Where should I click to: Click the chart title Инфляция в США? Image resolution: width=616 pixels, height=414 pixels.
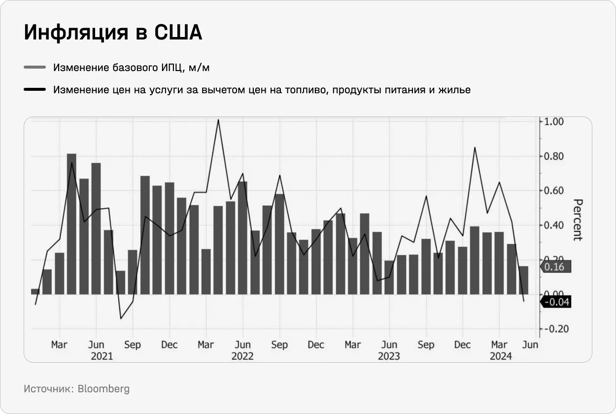(113, 33)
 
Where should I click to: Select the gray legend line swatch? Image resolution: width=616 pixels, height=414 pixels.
(34, 68)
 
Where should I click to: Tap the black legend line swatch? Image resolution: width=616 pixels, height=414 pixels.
(34, 90)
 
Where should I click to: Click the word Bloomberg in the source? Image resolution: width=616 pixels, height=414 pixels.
(103, 389)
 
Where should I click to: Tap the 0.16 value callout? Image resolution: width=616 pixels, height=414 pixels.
(556, 267)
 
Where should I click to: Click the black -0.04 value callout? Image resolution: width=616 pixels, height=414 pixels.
(556, 301)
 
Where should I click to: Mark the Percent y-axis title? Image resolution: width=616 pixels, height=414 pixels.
(578, 220)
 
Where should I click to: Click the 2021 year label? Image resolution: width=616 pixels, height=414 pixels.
(102, 356)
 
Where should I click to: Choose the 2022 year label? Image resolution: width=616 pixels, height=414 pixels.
(242, 356)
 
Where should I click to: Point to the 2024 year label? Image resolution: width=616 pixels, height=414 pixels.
(501, 356)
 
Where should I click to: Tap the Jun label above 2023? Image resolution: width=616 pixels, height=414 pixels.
(389, 345)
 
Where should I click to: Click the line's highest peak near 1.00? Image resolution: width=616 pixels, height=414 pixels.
(218, 120)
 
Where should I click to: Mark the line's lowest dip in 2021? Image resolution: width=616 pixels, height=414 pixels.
(121, 318)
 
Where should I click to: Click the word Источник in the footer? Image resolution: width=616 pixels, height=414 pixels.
(48, 389)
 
